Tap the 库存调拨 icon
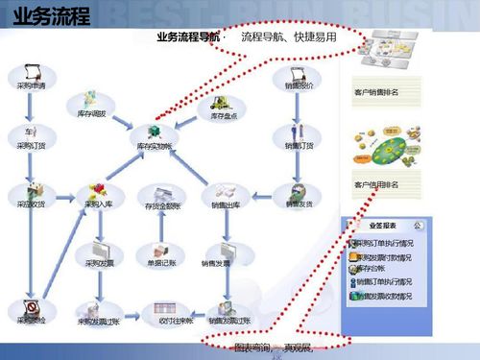tap(90, 99)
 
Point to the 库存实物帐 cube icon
tap(153, 132)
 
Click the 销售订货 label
tap(300, 146)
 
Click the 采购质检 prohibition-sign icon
tap(32, 307)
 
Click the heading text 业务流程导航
tap(186, 36)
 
